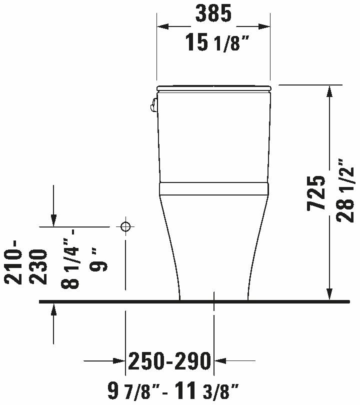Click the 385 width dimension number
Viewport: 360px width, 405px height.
pos(213,14)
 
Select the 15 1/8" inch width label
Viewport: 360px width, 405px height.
pos(217,43)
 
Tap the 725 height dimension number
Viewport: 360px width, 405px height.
pos(317,193)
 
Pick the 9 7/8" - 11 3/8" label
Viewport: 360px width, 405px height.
pos(173,389)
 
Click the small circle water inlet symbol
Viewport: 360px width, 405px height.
pos(125,226)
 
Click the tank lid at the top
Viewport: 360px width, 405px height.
pos(214,88)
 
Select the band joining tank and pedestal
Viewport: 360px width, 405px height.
pos(214,188)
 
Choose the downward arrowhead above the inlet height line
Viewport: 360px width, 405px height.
pos(53,219)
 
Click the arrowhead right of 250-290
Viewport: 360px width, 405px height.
pos(220,360)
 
